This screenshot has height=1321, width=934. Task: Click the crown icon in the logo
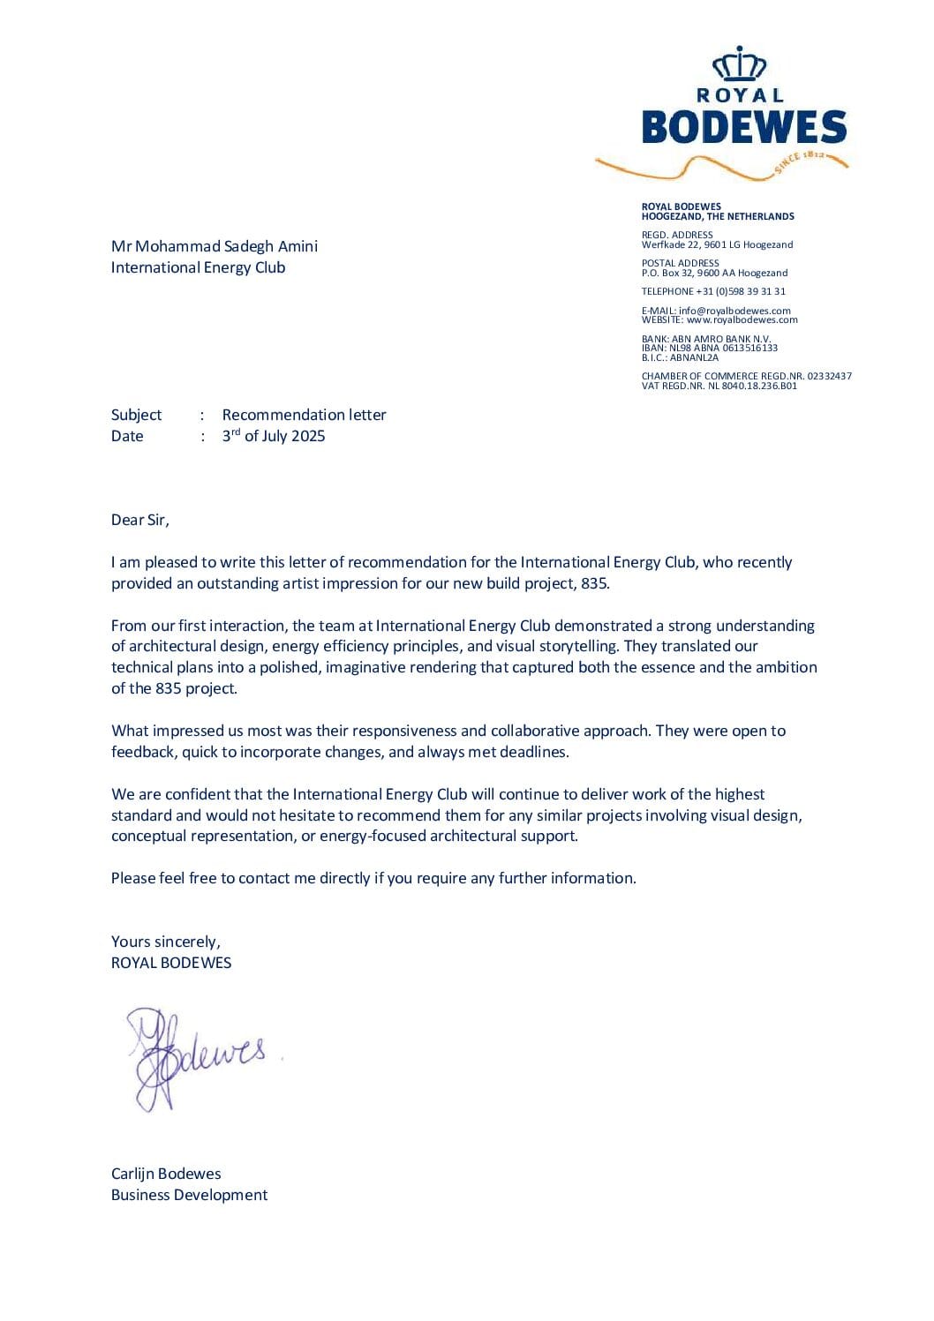click(x=739, y=64)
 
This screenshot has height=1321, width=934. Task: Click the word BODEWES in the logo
click(x=743, y=127)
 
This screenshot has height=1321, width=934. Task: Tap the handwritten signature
click(x=199, y=1055)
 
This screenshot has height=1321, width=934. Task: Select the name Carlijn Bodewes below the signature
click(x=166, y=1174)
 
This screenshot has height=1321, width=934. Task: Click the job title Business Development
click(x=189, y=1195)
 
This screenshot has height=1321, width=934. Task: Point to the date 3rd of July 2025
click(x=274, y=436)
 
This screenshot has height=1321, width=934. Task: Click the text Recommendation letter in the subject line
click(x=304, y=415)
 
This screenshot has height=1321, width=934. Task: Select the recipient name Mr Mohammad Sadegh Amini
click(x=215, y=246)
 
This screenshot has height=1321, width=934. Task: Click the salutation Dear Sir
click(x=139, y=520)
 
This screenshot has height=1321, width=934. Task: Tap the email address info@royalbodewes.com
click(x=734, y=311)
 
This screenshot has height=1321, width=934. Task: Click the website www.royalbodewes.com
click(x=742, y=319)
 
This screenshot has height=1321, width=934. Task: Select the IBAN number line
click(x=710, y=348)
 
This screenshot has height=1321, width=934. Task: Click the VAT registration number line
click(x=719, y=386)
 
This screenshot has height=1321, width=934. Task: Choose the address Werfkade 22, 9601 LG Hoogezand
click(x=717, y=244)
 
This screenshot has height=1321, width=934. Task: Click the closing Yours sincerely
click(x=166, y=942)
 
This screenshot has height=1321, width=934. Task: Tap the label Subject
click(x=136, y=415)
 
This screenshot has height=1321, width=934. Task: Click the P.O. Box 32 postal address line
click(x=714, y=273)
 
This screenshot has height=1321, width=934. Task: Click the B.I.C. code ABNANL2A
click(x=680, y=357)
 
